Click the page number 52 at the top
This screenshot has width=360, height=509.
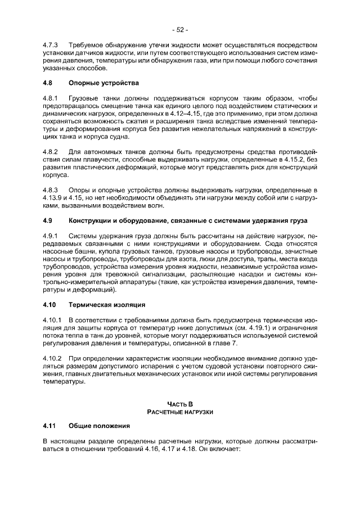[x=180, y=29]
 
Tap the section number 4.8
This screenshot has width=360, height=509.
[x=48, y=83]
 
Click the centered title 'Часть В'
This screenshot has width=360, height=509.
[x=180, y=404]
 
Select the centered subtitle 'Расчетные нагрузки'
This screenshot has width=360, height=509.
[x=180, y=412]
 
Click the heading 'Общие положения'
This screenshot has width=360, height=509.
[x=99, y=426]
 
